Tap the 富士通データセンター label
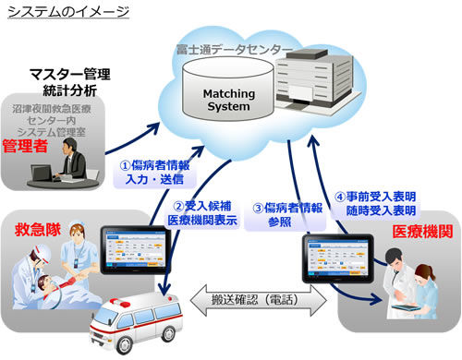coord(236,45)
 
